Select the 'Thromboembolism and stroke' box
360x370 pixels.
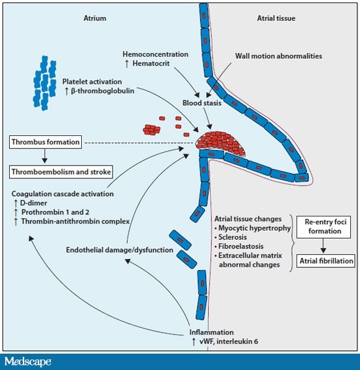coord(60,172)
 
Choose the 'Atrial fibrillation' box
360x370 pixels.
coord(325,261)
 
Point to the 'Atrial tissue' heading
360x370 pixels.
coord(274,19)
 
